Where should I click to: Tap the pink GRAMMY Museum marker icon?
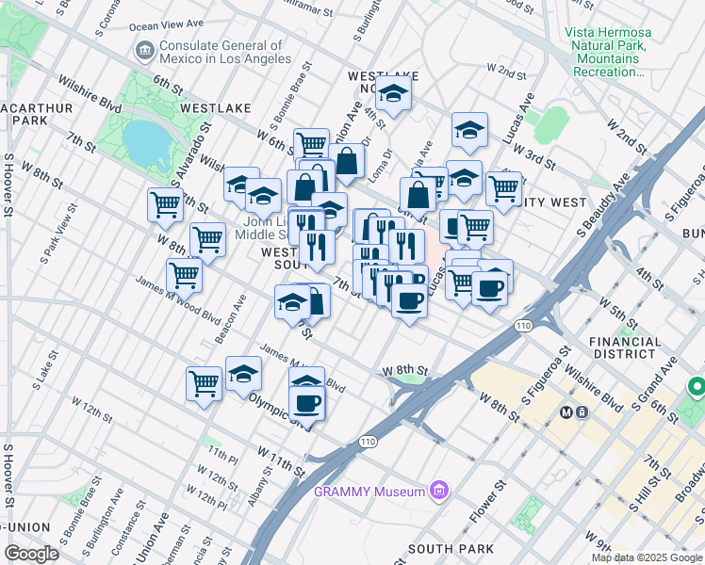pyautogui.click(x=437, y=490)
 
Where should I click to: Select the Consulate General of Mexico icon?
pyautogui.click(x=145, y=50)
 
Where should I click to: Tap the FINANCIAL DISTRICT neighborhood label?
pyautogui.click(x=621, y=347)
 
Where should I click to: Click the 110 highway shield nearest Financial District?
pyautogui.click(x=524, y=325)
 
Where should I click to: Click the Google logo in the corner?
pyautogui.click(x=31, y=553)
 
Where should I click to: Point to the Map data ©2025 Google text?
pyautogui.click(x=647, y=557)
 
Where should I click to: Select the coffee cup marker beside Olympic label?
pyautogui.click(x=306, y=403)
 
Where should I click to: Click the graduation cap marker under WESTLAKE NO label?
pyautogui.click(x=393, y=95)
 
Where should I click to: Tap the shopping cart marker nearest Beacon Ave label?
pyautogui.click(x=184, y=275)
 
